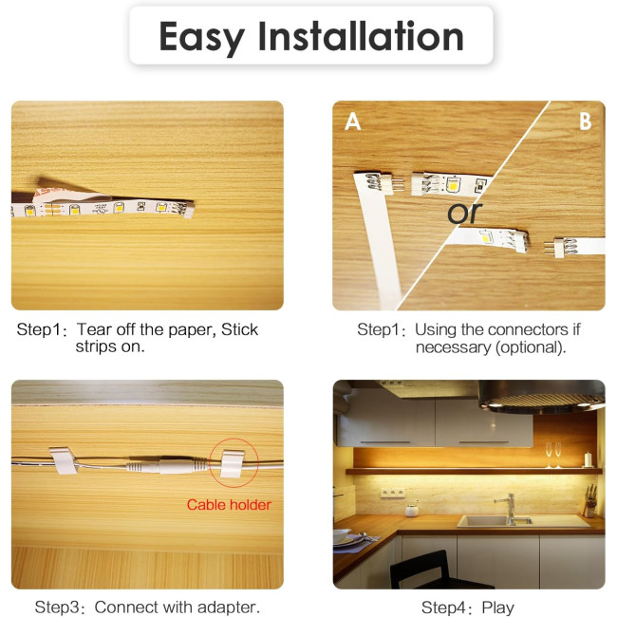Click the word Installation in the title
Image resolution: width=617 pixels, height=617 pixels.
361,36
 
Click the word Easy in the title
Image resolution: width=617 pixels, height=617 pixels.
201,39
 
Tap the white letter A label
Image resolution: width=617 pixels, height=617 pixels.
352,122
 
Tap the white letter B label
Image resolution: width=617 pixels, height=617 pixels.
585,122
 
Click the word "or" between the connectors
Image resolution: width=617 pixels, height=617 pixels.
464,213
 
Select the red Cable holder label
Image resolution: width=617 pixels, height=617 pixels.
229,505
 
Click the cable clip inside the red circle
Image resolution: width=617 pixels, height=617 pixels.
233,463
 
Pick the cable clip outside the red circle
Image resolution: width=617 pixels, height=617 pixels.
63,460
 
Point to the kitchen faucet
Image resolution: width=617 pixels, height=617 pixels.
510,509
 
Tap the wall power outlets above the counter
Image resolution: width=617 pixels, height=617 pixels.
392,493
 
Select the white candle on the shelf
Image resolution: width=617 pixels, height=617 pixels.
588,459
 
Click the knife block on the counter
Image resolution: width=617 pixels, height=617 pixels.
589,504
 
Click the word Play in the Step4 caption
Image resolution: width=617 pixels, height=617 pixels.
498,608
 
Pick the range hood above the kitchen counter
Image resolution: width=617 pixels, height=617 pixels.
542,397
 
